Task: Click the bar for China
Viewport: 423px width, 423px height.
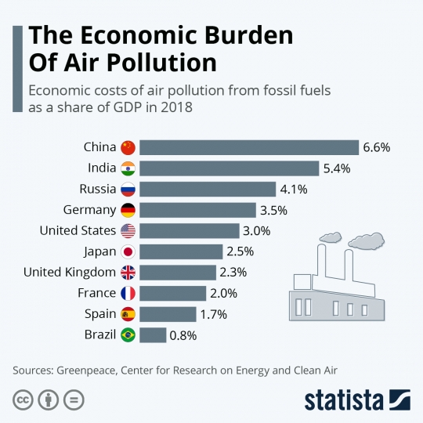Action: [249, 147]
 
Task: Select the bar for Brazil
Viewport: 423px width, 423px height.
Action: [153, 335]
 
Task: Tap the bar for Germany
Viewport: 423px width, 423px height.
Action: [197, 210]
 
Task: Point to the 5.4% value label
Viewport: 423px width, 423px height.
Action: [336, 168]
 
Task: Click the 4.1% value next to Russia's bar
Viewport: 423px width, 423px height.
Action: [294, 189]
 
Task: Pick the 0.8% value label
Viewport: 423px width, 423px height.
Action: [182, 335]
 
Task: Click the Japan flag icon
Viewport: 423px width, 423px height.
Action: [128, 251]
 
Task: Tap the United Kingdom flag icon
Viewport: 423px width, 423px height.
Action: [128, 273]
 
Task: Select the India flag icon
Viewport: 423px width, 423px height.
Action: [128, 168]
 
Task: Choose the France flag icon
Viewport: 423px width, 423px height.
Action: [128, 293]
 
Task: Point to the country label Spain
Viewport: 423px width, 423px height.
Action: [99, 314]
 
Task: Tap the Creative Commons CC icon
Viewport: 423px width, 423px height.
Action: [23, 398]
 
